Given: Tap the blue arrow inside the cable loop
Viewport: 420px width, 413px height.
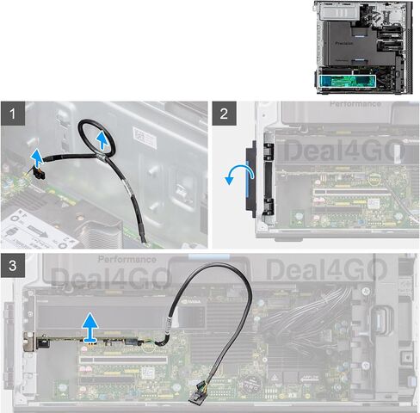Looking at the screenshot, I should click(104, 139).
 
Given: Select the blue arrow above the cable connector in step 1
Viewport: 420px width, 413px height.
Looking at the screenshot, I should click(36, 156).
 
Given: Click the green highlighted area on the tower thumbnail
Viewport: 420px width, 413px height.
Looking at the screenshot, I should click(348, 81).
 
